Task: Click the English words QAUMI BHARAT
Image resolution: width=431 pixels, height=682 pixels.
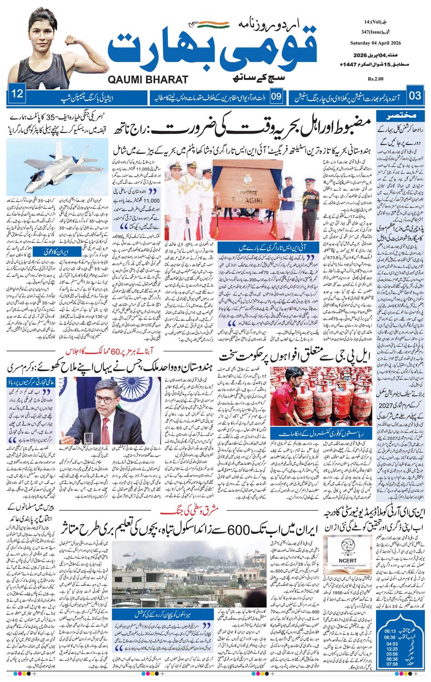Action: [148, 80]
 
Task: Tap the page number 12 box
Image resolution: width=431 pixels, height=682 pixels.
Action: [17, 95]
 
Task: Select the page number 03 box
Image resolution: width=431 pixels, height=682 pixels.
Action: [415, 96]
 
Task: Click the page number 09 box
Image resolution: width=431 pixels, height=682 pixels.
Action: [277, 96]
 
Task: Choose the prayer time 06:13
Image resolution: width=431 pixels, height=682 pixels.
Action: [390, 631]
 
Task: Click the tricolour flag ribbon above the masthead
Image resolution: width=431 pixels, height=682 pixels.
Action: [210, 23]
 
